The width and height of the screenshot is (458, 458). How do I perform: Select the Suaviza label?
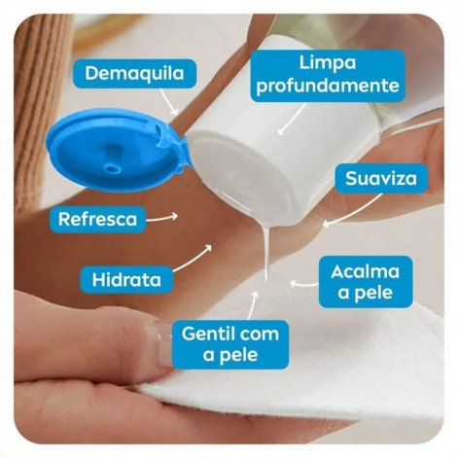380,179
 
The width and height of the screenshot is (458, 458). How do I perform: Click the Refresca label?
97,218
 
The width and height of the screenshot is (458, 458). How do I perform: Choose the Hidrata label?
128,278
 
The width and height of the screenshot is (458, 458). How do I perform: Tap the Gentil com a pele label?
230,344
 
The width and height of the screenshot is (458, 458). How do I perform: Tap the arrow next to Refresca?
163,216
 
